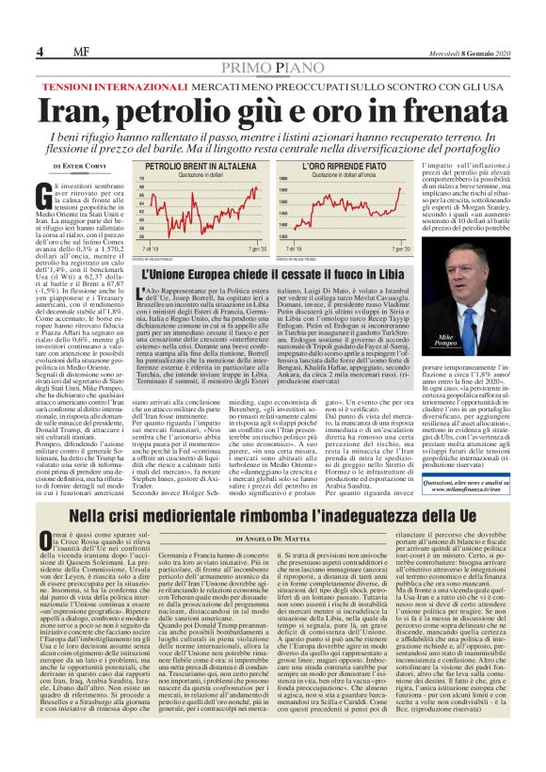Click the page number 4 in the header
point(40,50)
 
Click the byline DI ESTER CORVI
point(78,166)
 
